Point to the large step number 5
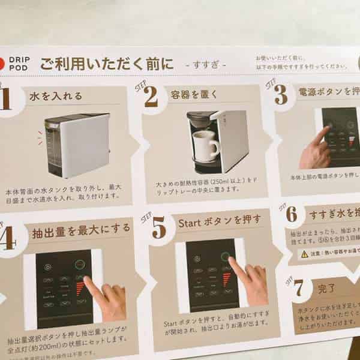tap(158, 228)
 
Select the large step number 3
tap(280, 94)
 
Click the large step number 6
tap(291, 214)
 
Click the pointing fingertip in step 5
tap(232, 262)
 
